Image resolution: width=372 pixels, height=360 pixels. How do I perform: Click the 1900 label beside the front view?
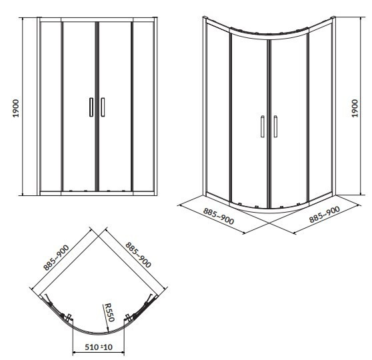point(16,108)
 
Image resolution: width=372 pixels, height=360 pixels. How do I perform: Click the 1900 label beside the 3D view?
point(355,108)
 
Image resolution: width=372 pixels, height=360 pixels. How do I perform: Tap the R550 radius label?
point(109,312)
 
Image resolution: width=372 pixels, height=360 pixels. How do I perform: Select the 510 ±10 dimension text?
point(99,347)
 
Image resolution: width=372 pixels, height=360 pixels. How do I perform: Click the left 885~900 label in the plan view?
point(56,257)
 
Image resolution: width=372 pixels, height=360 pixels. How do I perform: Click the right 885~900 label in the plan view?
point(138,255)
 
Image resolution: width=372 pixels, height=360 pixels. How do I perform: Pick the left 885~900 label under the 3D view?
point(219,216)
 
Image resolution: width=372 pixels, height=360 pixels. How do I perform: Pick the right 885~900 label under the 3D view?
point(325,215)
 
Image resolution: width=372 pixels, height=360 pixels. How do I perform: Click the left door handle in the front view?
point(91,107)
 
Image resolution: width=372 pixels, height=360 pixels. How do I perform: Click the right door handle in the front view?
point(103,107)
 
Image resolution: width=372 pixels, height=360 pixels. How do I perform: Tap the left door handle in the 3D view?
point(263,127)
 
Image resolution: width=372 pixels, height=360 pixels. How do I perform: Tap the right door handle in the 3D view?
point(275,127)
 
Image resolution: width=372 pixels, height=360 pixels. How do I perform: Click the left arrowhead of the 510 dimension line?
point(74,353)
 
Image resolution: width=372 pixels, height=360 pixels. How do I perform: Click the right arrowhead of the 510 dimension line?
point(123,353)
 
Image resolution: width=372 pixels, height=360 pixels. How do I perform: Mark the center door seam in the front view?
point(97,106)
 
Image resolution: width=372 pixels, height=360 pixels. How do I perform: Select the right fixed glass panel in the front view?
point(143,106)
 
